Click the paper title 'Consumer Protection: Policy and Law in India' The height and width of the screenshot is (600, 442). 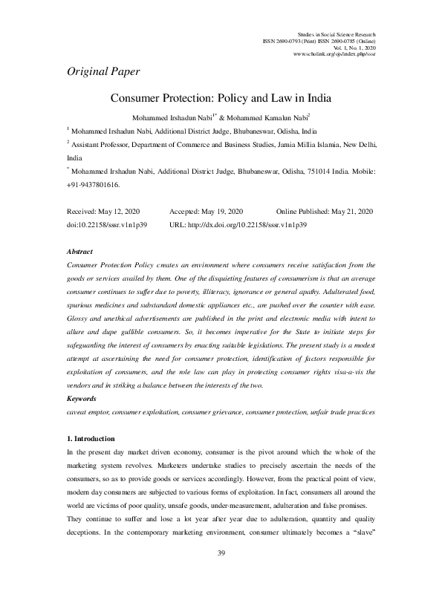click(x=221, y=99)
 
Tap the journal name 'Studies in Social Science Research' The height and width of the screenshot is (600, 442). click(x=336, y=35)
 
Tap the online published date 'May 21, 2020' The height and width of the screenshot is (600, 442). click(x=349, y=212)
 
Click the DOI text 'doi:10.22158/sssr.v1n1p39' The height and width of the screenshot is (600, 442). click(x=106, y=224)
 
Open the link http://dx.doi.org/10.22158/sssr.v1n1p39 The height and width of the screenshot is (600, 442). click(x=248, y=224)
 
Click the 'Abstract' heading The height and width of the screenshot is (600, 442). click(x=79, y=252)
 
